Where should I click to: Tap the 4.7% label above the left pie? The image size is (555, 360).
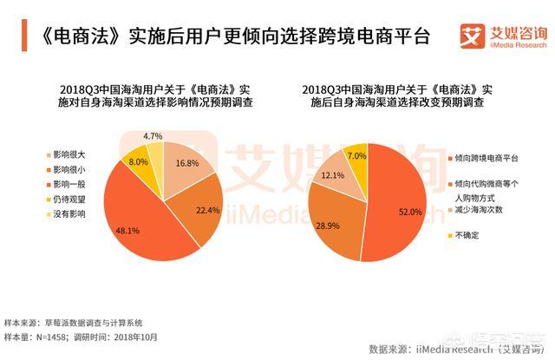[x=153, y=137]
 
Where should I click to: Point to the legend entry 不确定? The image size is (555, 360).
[x=465, y=234]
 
